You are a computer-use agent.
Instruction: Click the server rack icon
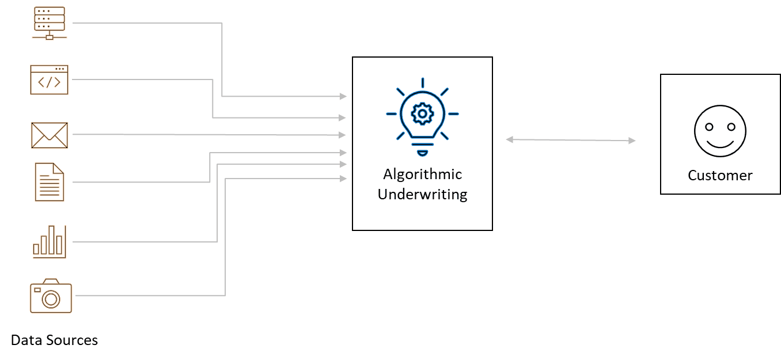click(50, 23)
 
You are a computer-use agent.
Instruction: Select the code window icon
click(49, 79)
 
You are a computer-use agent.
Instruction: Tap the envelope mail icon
click(50, 135)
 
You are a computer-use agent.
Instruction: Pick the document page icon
click(50, 181)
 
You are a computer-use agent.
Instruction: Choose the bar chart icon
click(50, 241)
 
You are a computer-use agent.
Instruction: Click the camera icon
click(51, 296)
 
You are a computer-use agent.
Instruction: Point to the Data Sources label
click(55, 340)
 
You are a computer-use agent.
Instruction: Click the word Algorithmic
click(422, 174)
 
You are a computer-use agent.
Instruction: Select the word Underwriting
click(422, 194)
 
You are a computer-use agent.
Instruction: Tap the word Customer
click(720, 175)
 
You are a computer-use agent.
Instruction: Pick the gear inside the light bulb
click(422, 113)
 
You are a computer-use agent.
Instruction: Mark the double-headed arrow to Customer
click(570, 140)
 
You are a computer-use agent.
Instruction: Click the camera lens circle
click(51, 298)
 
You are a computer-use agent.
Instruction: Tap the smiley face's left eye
click(709, 126)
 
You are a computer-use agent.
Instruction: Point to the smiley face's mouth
click(719, 142)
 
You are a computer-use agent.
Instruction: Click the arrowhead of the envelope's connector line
click(343, 135)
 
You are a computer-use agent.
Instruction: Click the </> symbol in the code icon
click(49, 82)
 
